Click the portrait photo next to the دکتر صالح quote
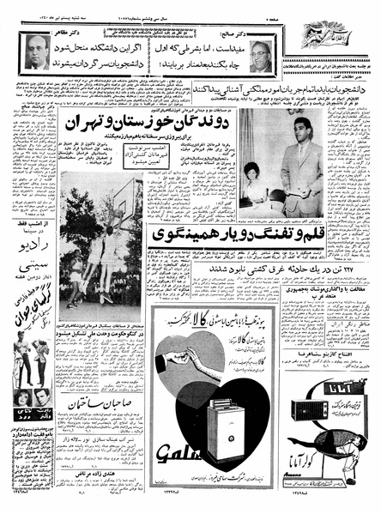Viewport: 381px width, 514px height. click(263, 54)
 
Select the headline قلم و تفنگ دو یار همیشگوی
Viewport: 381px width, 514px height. click(227, 234)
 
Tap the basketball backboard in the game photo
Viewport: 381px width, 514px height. click(111, 208)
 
